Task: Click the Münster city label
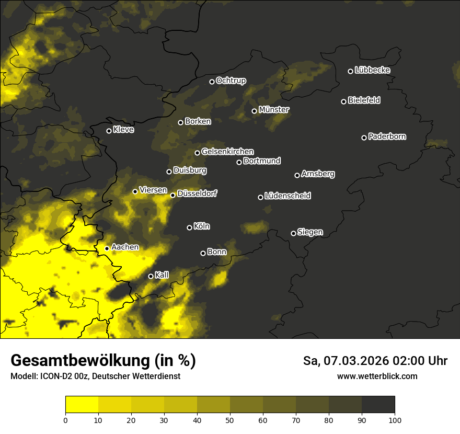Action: pos(273,110)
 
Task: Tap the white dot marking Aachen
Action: pos(107,248)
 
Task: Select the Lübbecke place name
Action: pos(372,70)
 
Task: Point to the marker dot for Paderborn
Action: pos(364,138)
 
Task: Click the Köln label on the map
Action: pos(202,226)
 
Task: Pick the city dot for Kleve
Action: pos(109,131)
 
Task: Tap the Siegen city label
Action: pos(310,232)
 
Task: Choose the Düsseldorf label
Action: pos(197,193)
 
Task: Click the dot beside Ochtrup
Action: pos(212,82)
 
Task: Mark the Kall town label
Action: pos(162,275)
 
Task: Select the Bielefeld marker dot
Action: pos(343,101)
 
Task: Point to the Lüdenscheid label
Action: pos(287,196)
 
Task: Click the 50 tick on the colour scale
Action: pos(230,419)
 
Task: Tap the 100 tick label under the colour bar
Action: pos(395,419)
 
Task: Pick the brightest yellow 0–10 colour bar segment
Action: pos(82,405)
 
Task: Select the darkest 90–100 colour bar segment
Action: pos(378,405)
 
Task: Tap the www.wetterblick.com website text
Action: pos(377,376)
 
